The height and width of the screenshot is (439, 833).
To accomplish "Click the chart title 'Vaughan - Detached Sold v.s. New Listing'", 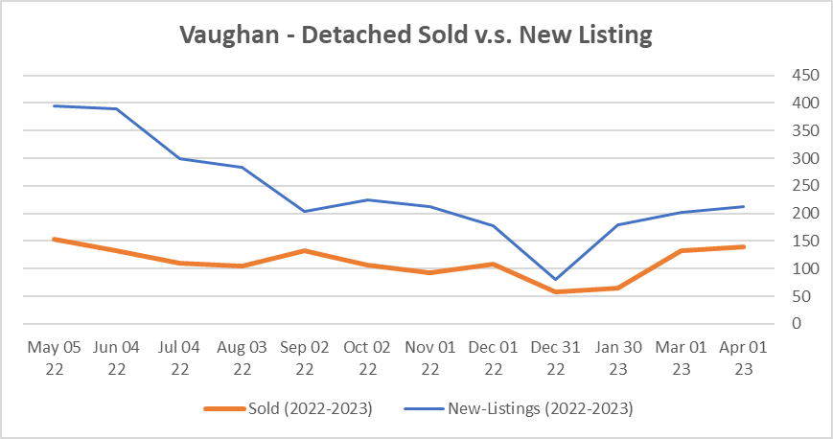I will click(416, 36).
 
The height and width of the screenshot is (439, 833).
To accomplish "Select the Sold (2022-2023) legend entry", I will click(289, 408).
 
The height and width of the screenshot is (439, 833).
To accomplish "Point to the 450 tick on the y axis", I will click(793, 76).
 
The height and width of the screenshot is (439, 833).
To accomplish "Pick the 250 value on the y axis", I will click(793, 186).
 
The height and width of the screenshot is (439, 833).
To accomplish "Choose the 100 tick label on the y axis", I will click(793, 268).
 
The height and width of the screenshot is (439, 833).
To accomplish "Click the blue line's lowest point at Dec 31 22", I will click(555, 280).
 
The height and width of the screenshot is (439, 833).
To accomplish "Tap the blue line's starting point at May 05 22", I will click(53, 105).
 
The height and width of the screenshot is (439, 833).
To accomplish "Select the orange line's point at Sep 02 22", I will click(304, 250).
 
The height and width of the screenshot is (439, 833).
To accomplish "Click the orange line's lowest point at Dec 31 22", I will click(555, 291).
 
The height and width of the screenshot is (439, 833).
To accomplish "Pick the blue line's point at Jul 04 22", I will click(178, 158).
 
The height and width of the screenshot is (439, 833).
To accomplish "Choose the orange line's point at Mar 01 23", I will click(681, 250).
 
